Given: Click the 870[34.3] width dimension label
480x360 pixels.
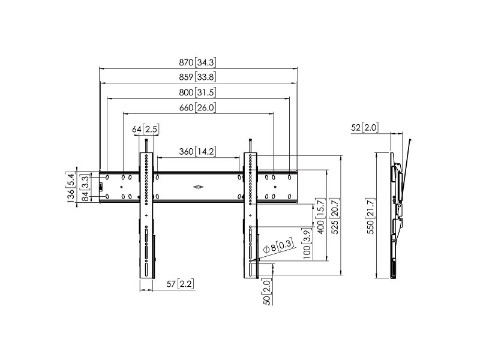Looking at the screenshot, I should [x=199, y=62].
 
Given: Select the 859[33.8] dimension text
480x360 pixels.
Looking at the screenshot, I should [x=198, y=77].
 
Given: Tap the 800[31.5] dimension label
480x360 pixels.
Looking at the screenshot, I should [x=198, y=92].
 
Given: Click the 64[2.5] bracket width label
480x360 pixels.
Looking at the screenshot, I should [x=145, y=129].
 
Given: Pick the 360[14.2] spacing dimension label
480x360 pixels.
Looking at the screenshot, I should [x=199, y=152].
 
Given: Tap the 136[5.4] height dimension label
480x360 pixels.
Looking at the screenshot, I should [x=70, y=188].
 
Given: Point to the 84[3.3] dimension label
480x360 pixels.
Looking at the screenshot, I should [x=85, y=188].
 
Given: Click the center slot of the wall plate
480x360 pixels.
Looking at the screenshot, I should [x=199, y=187].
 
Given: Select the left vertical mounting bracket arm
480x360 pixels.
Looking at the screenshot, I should [x=147, y=216].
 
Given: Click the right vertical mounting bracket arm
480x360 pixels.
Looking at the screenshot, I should [x=250, y=216].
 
